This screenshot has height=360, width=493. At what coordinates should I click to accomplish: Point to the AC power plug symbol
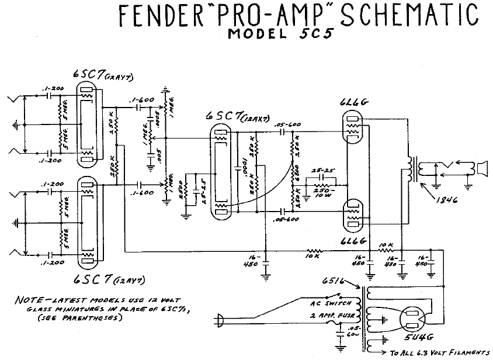coord(221,320)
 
